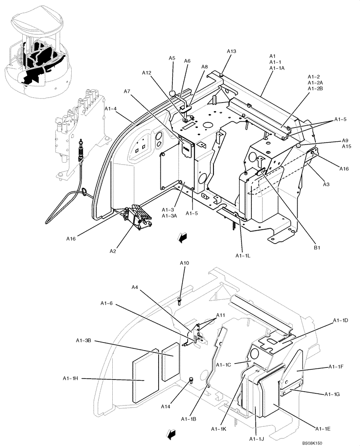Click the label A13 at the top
pos(231,51)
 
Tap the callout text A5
pos(172,58)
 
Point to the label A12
pos(147,73)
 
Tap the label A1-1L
pos(243,256)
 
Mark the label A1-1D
pos(340,321)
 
